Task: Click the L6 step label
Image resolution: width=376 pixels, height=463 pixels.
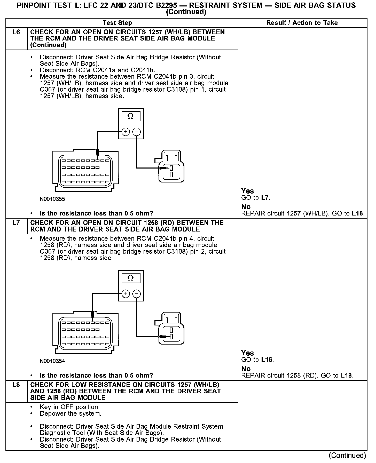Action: [16, 32]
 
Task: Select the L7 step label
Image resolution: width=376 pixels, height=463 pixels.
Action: [16, 223]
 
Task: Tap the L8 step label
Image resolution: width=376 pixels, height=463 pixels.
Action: [16, 385]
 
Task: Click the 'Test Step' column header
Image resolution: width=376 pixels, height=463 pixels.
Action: [117, 23]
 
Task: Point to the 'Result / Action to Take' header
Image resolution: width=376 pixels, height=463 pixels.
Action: [302, 23]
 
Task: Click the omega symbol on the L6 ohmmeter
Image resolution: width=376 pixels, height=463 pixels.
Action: [131, 116]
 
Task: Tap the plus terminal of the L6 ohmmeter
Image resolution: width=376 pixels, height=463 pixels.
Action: [126, 132]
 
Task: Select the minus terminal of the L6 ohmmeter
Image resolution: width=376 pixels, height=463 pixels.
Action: [137, 132]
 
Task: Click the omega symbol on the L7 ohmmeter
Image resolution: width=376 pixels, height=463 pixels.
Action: [131, 278]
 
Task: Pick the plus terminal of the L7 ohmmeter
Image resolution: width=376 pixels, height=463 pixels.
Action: [126, 294]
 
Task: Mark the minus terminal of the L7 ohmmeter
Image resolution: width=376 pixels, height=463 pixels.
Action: [137, 294]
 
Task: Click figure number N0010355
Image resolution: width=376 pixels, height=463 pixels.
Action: [52, 199]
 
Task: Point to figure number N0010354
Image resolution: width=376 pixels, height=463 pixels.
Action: [52, 361]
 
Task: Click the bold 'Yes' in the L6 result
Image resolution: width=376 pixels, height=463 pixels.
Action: [247, 191]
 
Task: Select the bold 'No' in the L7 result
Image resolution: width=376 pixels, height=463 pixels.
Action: [246, 369]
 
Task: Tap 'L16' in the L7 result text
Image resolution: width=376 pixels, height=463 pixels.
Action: [267, 360]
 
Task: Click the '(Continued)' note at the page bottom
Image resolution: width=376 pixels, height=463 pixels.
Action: [347, 456]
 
